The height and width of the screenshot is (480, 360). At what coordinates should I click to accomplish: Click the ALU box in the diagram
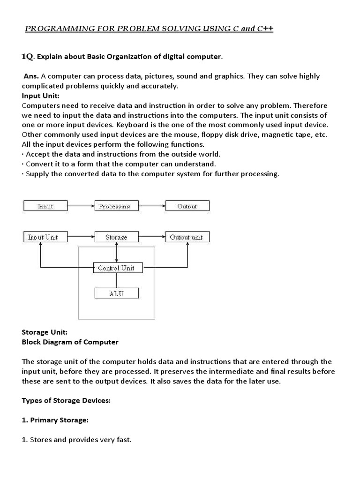pos(116,293)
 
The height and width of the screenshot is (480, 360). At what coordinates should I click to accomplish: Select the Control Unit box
pos(116,268)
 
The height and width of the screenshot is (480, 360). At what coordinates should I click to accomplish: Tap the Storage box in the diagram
pos(116,237)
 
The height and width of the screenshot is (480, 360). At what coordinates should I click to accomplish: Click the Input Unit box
pos(43,237)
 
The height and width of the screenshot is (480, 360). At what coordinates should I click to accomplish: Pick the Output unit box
pos(187,237)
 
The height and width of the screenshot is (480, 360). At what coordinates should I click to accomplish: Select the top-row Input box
pos(45,206)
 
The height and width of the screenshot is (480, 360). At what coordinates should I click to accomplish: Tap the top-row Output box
pos(187,206)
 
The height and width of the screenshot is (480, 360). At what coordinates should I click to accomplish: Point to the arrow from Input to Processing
pos(81,206)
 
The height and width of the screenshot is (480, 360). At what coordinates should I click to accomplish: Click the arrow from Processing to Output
pos(151,206)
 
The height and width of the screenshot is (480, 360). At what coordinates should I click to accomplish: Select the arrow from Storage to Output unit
pos(151,237)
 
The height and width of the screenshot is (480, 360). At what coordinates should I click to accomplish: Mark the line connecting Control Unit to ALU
pos(116,280)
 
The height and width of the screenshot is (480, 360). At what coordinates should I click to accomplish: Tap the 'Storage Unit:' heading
pos(45,332)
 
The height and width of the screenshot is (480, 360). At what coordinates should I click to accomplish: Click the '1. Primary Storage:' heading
pos(55,420)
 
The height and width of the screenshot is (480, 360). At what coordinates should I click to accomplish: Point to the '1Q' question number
pos(27,57)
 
